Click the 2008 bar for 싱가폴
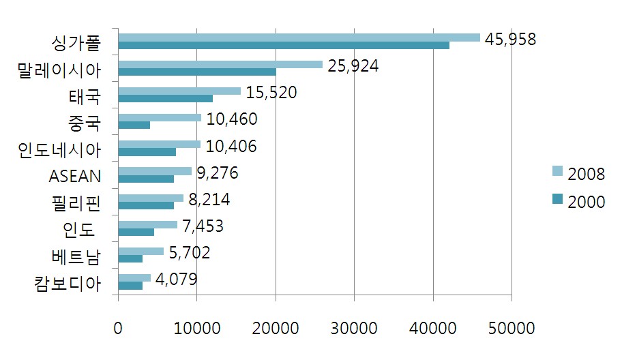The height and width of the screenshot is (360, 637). pyautogui.click(x=299, y=37)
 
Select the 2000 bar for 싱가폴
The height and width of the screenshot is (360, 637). pyautogui.click(x=283, y=46)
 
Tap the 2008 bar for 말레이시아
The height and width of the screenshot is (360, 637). pyautogui.click(x=220, y=64)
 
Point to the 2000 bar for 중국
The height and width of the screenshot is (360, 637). pyautogui.click(x=134, y=125)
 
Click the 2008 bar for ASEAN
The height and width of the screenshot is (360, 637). pyautogui.click(x=155, y=170)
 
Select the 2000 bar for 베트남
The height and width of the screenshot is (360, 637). pyautogui.click(x=130, y=258)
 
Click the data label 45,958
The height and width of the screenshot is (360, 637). pyautogui.click(x=510, y=38)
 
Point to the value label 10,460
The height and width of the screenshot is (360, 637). pyautogui.click(x=231, y=119)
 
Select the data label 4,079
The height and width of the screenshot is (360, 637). pyautogui.click(x=176, y=279)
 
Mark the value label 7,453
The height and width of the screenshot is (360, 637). pyautogui.click(x=203, y=226)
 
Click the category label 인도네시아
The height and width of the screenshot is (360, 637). pyautogui.click(x=59, y=149)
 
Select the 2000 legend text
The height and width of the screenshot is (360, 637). pyautogui.click(x=586, y=202)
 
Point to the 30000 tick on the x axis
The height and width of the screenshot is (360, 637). pyautogui.click(x=354, y=327)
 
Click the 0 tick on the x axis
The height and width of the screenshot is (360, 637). pyautogui.click(x=118, y=327)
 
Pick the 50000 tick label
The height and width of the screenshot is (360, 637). pyautogui.click(x=511, y=327)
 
